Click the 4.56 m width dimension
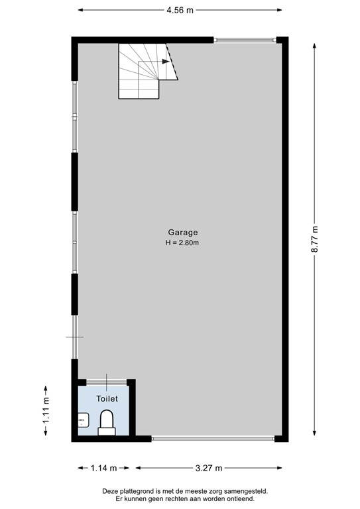[x=180, y=11]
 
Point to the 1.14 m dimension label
[x=103, y=468]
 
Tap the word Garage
[x=182, y=233]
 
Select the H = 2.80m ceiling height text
[x=182, y=243]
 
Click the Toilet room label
[x=107, y=399]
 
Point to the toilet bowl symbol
[x=107, y=422]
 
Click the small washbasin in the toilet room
[x=83, y=420]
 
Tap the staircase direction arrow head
[x=165, y=62]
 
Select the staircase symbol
[x=143, y=70]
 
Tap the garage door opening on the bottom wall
[x=213, y=438]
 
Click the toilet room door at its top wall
[x=106, y=382]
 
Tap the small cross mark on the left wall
[x=74, y=337]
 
